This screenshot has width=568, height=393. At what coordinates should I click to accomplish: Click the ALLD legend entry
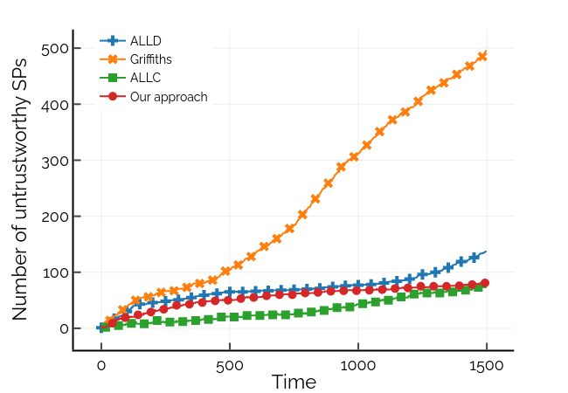click(x=145, y=40)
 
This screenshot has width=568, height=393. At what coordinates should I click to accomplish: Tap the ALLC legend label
click(x=145, y=77)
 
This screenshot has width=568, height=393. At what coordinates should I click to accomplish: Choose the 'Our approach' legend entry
click(x=168, y=96)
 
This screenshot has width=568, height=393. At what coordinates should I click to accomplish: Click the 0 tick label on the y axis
click(x=61, y=328)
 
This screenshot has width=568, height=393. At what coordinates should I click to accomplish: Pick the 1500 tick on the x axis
click(x=486, y=363)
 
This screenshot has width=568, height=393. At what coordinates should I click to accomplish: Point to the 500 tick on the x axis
click(x=229, y=363)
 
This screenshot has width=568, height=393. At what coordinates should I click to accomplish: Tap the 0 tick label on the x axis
click(x=101, y=363)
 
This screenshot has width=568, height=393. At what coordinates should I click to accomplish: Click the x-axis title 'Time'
click(x=294, y=383)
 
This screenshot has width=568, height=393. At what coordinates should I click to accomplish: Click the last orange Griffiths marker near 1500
click(x=482, y=57)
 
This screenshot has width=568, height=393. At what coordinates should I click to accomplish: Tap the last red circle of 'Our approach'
click(x=484, y=283)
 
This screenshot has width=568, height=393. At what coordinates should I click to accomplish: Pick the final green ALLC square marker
click(x=478, y=286)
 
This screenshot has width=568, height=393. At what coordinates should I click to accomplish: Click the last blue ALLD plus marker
click(x=474, y=258)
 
